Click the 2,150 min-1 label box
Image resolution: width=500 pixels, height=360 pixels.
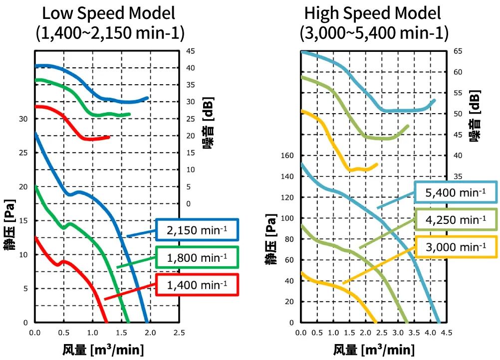(x=197, y=230)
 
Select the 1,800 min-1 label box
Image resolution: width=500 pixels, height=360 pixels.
(x=197, y=258)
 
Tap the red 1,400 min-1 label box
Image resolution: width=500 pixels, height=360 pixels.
(x=197, y=285)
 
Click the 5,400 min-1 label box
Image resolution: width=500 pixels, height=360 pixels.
(x=456, y=192)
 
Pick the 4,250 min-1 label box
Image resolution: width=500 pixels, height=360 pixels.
(x=456, y=220)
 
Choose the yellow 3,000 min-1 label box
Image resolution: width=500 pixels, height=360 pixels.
(x=456, y=247)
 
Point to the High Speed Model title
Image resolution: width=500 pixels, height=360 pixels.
(x=373, y=13)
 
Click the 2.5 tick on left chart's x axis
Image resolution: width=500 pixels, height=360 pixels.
(x=179, y=332)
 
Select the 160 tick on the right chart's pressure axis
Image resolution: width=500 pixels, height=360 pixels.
(x=288, y=156)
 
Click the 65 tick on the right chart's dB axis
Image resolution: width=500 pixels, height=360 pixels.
(x=458, y=51)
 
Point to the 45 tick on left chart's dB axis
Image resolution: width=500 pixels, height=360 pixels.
(x=191, y=51)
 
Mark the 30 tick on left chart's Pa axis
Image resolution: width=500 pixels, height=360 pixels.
(x=23, y=119)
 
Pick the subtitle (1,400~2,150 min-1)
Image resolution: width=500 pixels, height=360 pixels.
(x=110, y=33)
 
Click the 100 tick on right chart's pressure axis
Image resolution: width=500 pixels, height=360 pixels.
(x=288, y=218)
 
